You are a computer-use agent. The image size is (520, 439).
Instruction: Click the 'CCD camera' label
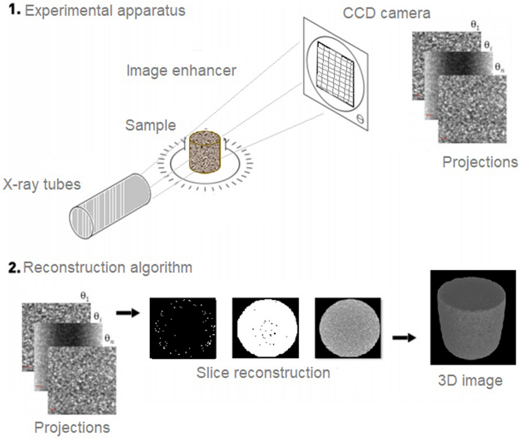pyautogui.click(x=387, y=14)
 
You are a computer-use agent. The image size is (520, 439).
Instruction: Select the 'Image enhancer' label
pyautogui.click(x=181, y=70)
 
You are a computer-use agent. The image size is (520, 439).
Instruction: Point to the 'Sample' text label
pyautogui.click(x=151, y=125)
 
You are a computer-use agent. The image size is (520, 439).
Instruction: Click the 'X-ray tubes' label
pyautogui.click(x=42, y=184)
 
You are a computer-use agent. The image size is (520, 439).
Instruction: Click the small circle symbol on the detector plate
pyautogui.click(x=360, y=118)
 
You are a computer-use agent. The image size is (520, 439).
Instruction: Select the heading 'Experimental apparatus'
pyautogui.click(x=105, y=11)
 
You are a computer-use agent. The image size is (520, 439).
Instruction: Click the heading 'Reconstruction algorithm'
pyautogui.click(x=108, y=267)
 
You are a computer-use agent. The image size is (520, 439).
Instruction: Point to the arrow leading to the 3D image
pyautogui.click(x=404, y=337)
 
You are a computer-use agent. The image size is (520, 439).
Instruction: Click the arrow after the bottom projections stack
pyautogui.click(x=128, y=313)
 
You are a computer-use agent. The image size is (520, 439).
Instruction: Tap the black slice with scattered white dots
pyautogui.click(x=183, y=328)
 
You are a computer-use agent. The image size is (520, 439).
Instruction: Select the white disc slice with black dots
pyautogui.click(x=265, y=328)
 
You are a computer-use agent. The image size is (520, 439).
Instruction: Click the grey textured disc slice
pyautogui.click(x=348, y=328)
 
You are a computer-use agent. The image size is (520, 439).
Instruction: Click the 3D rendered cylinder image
pyautogui.click(x=472, y=317)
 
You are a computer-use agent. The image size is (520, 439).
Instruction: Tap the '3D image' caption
pyautogui.click(x=470, y=381)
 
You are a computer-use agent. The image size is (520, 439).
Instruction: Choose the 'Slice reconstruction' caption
pyautogui.click(x=263, y=373)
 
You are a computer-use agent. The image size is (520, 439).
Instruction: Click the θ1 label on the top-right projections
pyautogui.click(x=475, y=25)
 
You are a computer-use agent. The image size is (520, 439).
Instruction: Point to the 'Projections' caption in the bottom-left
pyautogui.click(x=72, y=427)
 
